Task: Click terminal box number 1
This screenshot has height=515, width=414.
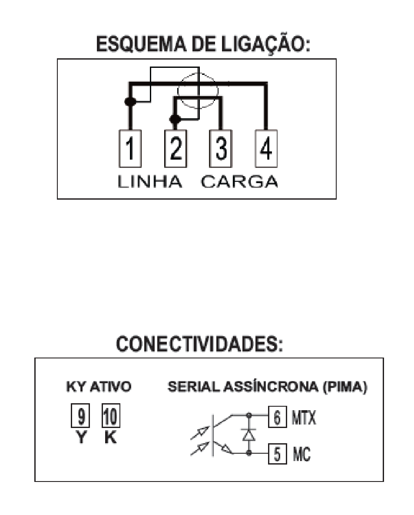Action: pyautogui.click(x=130, y=148)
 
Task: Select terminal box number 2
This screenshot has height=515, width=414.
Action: pyautogui.click(x=176, y=148)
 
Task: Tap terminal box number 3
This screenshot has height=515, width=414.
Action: pyautogui.click(x=221, y=148)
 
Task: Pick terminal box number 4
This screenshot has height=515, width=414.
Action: pyautogui.click(x=266, y=148)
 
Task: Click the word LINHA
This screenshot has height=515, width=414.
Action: pyautogui.click(x=149, y=182)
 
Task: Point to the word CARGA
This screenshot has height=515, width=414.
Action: pyautogui.click(x=239, y=182)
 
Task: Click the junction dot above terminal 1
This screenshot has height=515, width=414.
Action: pyautogui.click(x=130, y=101)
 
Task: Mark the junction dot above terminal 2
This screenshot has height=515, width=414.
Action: pyautogui.click(x=175, y=119)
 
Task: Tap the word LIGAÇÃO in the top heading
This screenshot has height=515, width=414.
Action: pyautogui.click(x=265, y=44)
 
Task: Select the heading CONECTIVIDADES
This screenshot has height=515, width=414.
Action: pyautogui.click(x=199, y=344)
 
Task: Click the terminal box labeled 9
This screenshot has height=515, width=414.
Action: pyautogui.click(x=80, y=415)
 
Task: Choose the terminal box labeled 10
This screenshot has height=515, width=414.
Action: pyautogui.click(x=111, y=415)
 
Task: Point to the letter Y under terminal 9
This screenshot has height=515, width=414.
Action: pyautogui.click(x=81, y=437)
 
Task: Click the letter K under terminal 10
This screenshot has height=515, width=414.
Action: pyautogui.click(x=110, y=437)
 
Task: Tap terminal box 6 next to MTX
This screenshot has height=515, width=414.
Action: pyautogui.click(x=278, y=417)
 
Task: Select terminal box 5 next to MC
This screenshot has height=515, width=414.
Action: pyautogui.click(x=278, y=454)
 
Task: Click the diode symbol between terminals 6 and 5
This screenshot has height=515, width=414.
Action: pyautogui.click(x=249, y=435)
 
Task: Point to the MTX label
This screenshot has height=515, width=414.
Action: pyautogui.click(x=304, y=418)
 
